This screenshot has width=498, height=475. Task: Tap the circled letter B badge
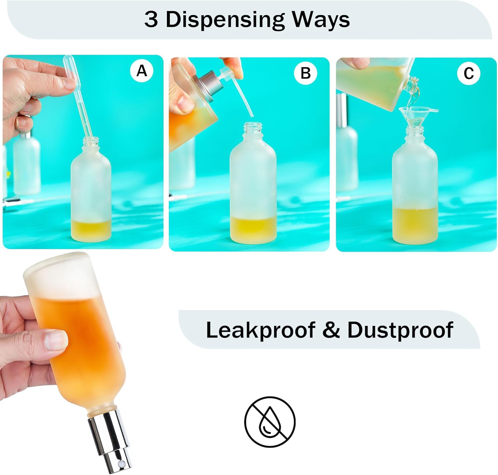305,73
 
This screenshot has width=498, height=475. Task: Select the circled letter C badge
468,73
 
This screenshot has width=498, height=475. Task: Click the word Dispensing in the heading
225,20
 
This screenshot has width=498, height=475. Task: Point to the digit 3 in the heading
151,19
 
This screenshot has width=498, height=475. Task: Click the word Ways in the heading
321,20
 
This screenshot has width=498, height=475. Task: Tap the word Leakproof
261,330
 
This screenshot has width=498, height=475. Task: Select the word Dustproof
400,330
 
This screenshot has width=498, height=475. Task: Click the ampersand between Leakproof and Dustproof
331,330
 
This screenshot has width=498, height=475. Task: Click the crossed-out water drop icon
270,421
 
